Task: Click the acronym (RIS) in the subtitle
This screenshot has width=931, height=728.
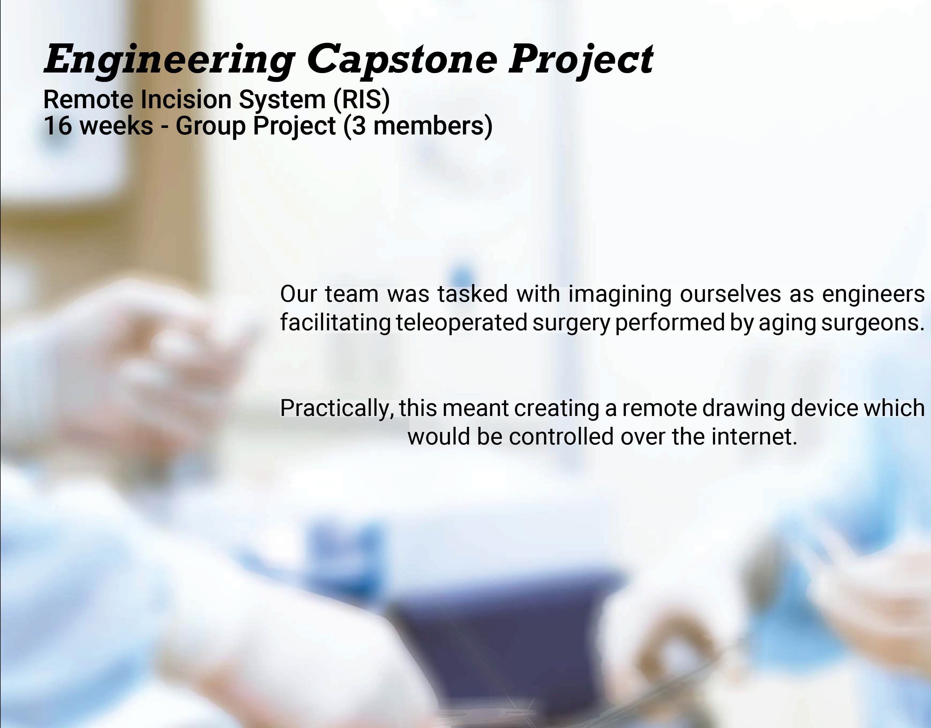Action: [361, 100]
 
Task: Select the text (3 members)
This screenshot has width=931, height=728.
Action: [418, 126]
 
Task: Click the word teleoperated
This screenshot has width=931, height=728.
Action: [461, 322]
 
